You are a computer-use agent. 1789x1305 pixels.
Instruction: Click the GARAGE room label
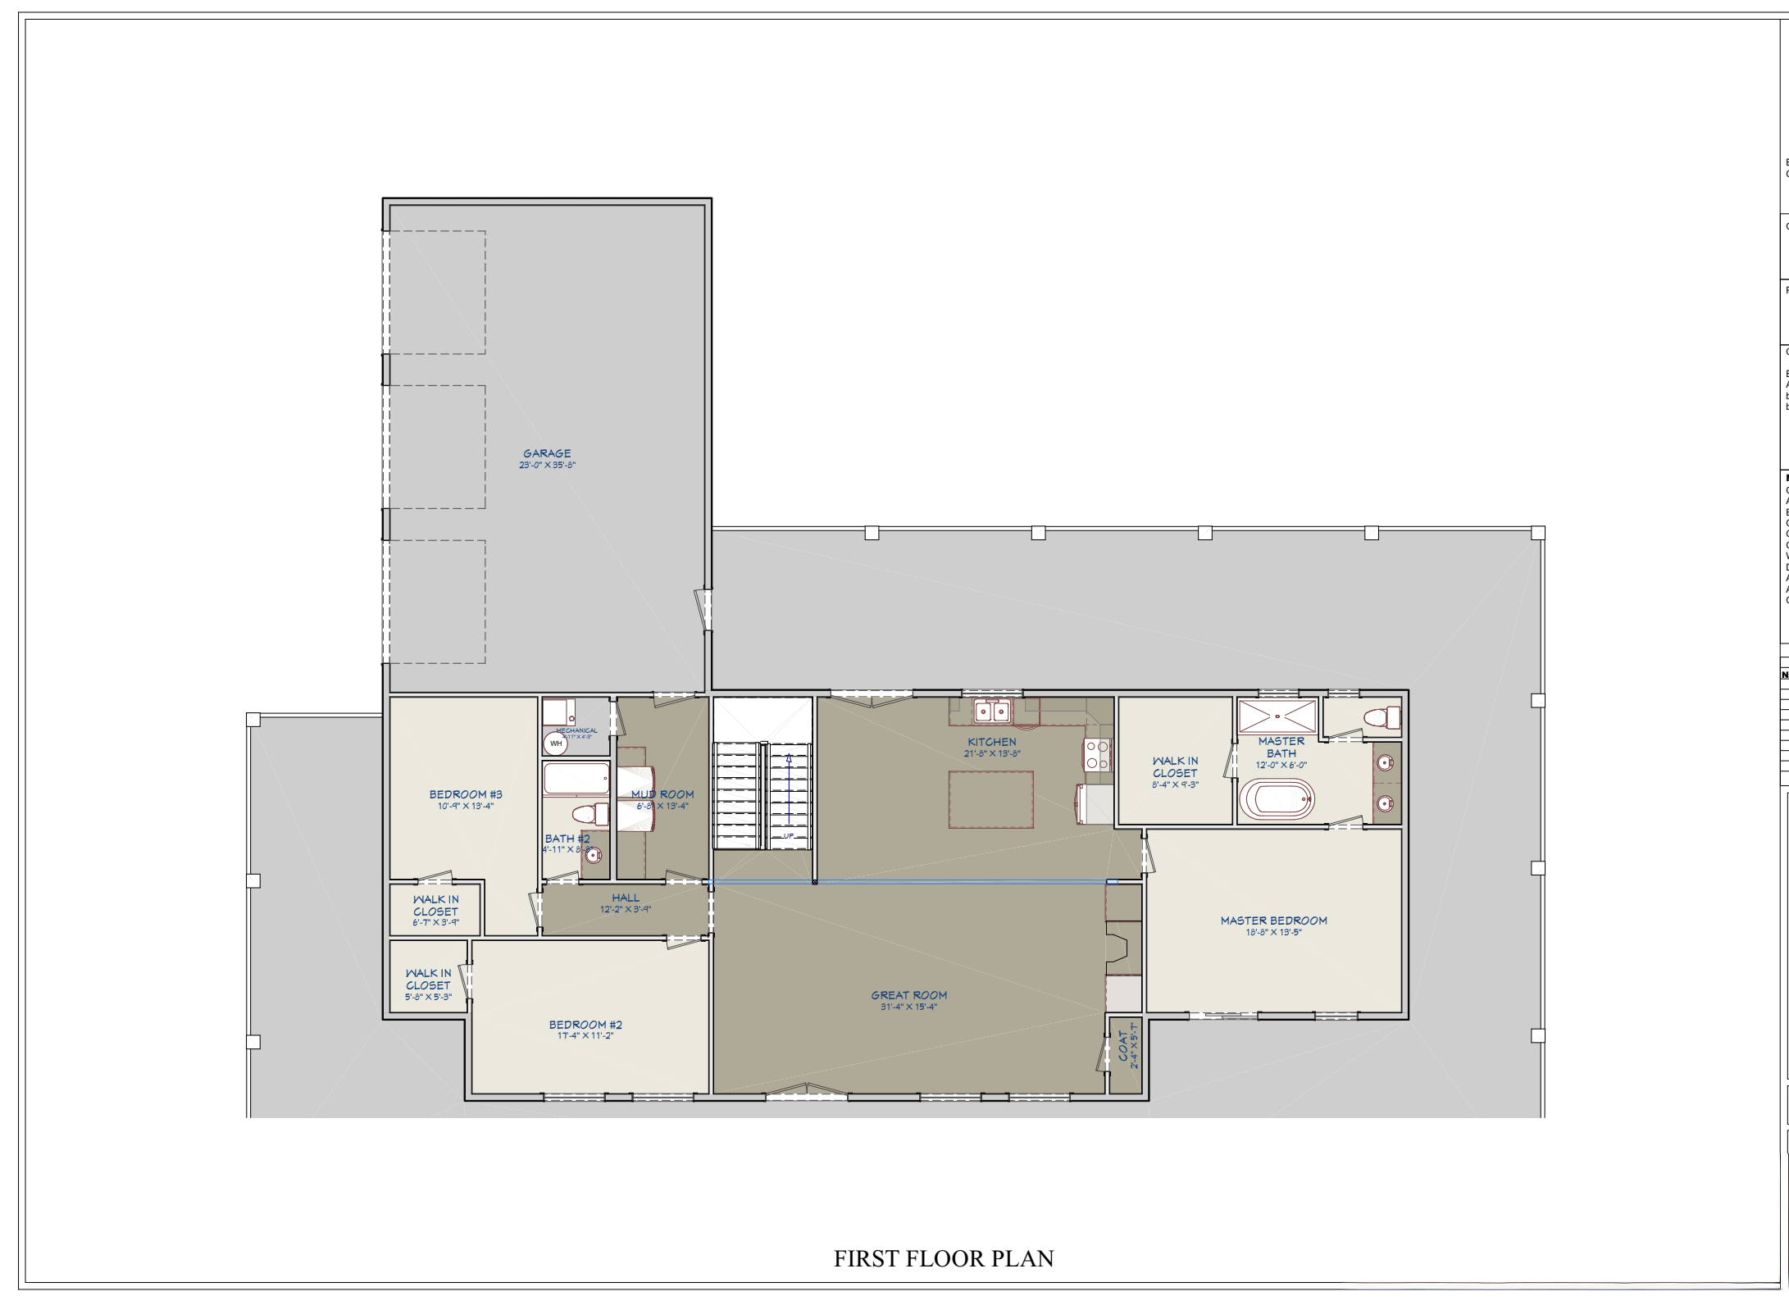(547, 452)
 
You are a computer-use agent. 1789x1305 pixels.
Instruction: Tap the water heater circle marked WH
(556, 743)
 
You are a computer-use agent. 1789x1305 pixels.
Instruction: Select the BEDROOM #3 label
(466, 793)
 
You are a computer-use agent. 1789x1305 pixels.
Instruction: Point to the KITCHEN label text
(991, 741)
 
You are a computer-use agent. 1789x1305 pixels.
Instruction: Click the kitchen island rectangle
(990, 799)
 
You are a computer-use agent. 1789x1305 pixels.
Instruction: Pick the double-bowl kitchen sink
(991, 712)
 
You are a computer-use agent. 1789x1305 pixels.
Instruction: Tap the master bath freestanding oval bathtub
(1277, 799)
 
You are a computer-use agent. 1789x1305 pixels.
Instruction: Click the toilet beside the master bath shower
(1382, 718)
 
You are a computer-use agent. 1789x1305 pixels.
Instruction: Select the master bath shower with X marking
(1277, 716)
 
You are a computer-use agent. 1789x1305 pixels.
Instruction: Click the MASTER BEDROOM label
(1273, 920)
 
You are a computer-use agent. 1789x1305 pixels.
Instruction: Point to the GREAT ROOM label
(908, 995)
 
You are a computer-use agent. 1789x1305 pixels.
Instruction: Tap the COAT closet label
(1123, 1046)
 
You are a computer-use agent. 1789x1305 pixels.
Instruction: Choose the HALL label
(626, 898)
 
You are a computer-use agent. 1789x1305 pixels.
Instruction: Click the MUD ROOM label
(662, 793)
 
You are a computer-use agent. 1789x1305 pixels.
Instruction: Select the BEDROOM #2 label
(585, 1024)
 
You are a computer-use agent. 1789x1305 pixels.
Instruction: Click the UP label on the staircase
(789, 836)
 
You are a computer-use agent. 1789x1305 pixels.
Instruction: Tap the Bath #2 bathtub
(576, 779)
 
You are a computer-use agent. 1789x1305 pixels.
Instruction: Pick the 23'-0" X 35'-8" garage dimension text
(547, 465)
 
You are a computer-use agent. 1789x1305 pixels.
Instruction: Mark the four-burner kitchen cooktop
(1097, 755)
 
